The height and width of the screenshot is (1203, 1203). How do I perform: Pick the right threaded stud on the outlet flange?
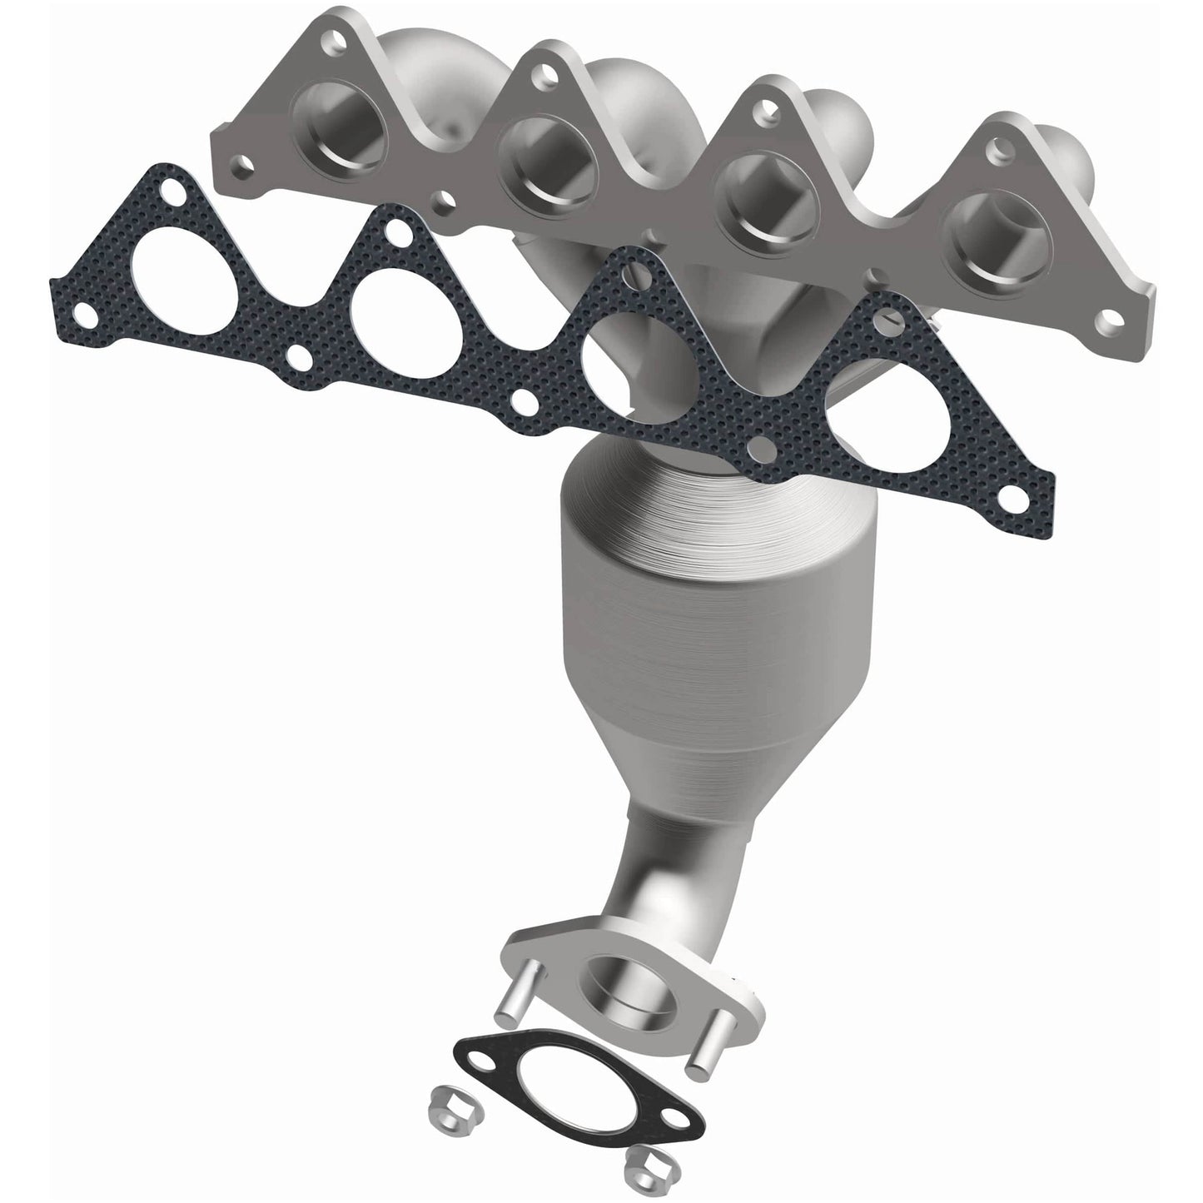click(x=699, y=1055)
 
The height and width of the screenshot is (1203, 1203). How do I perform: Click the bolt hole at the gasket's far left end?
click(x=82, y=313)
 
